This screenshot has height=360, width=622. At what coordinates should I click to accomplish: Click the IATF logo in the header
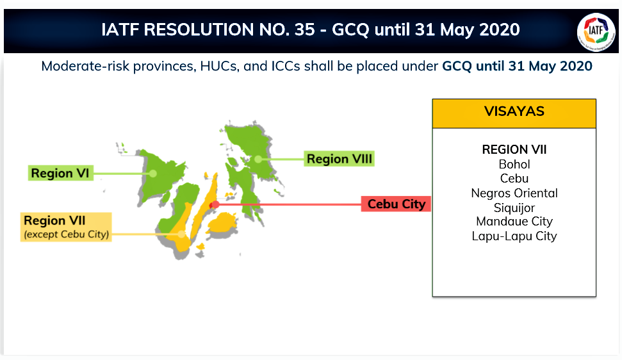tap(596, 31)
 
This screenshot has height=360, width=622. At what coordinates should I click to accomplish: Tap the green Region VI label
tap(60, 173)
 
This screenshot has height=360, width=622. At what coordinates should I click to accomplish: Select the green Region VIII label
tap(339, 159)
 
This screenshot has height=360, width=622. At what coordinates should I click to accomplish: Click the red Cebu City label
tap(396, 204)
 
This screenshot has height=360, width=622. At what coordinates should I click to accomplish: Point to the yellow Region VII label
tap(66, 227)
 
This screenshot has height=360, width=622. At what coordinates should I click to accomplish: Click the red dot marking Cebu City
tap(215, 204)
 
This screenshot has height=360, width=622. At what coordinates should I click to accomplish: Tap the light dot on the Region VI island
tap(152, 173)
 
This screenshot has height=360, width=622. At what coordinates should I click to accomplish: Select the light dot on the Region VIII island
tap(258, 159)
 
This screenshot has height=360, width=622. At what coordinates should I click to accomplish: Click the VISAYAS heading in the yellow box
tap(514, 111)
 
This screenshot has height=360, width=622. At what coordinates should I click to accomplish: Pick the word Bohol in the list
tap(514, 164)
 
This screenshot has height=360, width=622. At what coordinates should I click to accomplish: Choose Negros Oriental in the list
tap(514, 193)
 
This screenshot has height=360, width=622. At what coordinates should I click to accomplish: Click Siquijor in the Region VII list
tap(514, 208)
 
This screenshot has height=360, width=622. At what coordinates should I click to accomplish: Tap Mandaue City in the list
tap(514, 221)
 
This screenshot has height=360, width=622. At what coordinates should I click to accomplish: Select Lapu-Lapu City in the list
tap(514, 236)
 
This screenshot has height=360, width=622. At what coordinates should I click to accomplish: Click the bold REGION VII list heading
tap(514, 149)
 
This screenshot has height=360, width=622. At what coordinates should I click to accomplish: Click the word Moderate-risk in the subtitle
tap(85, 66)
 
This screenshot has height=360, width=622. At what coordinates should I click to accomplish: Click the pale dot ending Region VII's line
tap(181, 234)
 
